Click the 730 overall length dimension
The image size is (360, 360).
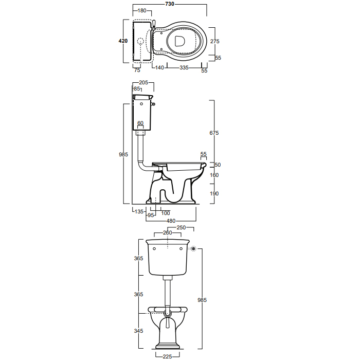170,4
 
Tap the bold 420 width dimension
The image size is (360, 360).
123,41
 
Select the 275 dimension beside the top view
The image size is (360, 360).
214,41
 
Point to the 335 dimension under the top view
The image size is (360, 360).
184,67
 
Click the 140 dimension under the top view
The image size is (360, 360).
159,67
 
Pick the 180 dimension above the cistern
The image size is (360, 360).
142,11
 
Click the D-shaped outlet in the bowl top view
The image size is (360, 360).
179,41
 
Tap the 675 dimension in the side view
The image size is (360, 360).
214,133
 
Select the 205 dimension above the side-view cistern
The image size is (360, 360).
143,83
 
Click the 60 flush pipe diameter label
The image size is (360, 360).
140,123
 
